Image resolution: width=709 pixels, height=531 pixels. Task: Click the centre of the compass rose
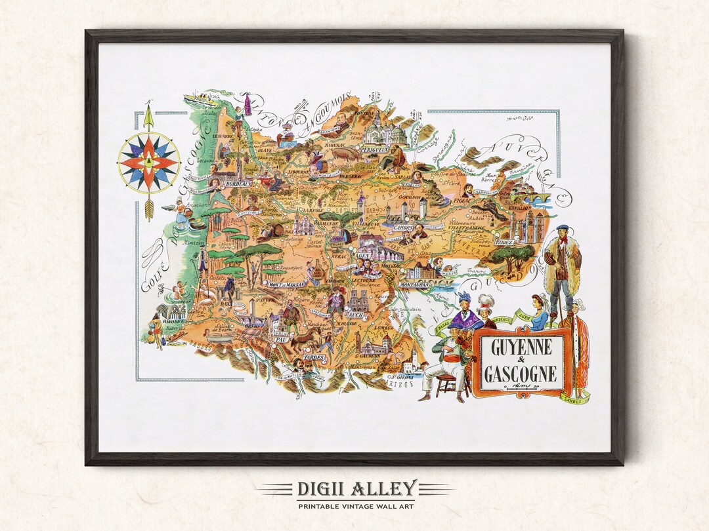point(148,160)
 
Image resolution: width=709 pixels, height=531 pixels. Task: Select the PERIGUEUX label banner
point(374,149)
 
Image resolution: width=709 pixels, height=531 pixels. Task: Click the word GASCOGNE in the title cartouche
point(521,374)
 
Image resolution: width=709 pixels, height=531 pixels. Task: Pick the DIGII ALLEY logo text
point(355,488)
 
